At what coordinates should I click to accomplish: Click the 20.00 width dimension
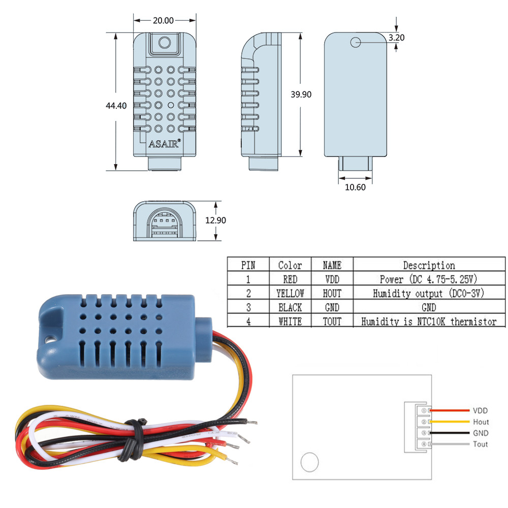pos(163,21)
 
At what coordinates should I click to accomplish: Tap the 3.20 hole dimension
pos(396,38)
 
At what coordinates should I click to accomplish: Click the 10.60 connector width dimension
pos(355,186)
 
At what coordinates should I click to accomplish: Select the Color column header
pos(290,265)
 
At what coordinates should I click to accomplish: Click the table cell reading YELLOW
pos(290,293)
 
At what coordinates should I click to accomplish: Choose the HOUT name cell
pos(332,293)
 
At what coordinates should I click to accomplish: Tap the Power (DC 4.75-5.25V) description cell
pos(429,279)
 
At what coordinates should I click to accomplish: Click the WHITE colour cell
pos(290,322)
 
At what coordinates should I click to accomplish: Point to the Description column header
pos(429,265)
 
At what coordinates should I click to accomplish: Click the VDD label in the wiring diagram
pos(480,410)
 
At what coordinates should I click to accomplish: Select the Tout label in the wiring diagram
pos(480,444)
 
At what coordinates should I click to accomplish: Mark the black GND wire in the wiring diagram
pos(450,433)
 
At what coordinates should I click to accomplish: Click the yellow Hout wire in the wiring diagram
pos(450,422)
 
